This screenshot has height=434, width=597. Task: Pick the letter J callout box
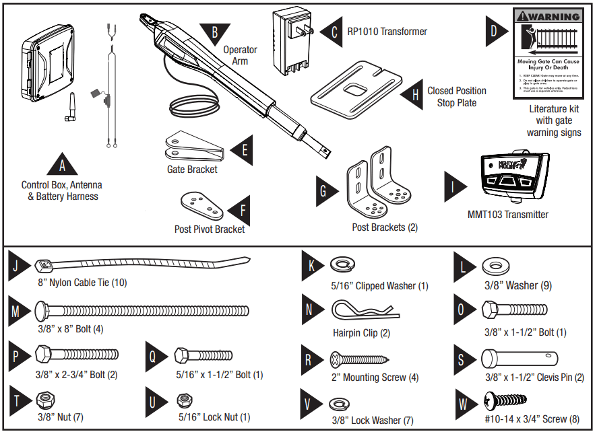[16, 266]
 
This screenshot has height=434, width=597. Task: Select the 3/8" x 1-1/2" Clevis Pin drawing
[519, 357]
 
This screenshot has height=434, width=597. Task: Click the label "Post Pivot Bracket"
[209, 229]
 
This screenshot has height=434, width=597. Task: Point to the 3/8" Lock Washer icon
[339, 404]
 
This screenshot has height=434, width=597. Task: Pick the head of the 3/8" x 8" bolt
[44, 311]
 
